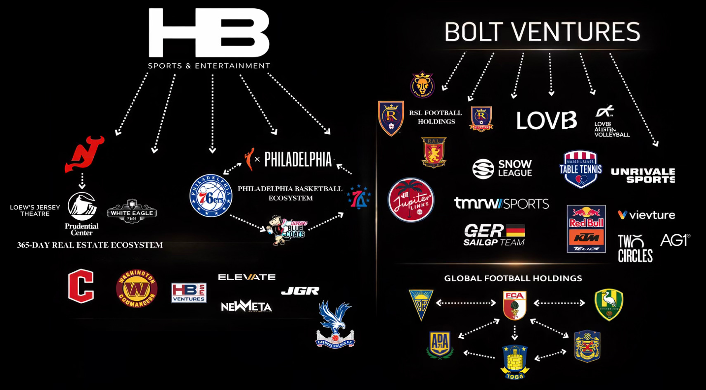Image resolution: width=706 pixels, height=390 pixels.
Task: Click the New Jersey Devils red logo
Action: tap(84, 154)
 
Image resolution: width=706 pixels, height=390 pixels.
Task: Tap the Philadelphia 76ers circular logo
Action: tap(211, 196)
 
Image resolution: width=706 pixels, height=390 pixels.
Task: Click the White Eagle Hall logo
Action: tap(132, 212)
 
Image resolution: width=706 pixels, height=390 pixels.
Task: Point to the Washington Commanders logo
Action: tap(136, 289)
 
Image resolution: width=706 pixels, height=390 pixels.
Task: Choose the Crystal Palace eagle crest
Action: tap(335, 324)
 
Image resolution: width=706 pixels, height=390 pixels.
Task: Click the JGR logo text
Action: tap(300, 291)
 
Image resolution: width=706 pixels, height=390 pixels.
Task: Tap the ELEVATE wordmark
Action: tap(246, 277)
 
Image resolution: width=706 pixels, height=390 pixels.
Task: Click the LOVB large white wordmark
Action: tap(546, 121)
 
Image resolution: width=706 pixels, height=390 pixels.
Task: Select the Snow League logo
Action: tap(502, 168)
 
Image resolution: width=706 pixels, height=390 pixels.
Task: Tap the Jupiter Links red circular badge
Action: tap(411, 200)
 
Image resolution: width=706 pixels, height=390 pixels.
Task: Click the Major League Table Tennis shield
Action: tap(580, 169)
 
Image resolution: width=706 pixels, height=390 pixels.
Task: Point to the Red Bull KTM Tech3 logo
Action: tap(586, 228)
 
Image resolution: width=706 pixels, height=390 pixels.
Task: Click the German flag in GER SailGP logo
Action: tap(515, 231)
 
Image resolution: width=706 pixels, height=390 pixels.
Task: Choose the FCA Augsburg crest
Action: tap(514, 305)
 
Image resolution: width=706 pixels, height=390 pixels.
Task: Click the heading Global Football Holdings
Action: tap(513, 278)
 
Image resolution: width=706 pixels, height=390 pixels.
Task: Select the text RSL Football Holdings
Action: tap(436, 117)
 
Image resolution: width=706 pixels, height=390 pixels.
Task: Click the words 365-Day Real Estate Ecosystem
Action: tap(90, 245)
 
